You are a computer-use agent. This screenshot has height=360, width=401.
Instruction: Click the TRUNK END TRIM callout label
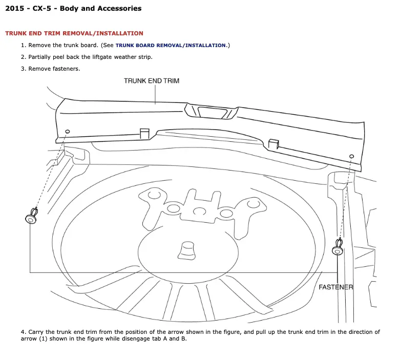point(152,81)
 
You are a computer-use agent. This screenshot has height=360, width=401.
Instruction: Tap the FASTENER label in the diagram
point(336,287)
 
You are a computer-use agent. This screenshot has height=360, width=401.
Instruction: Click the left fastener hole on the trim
point(68,132)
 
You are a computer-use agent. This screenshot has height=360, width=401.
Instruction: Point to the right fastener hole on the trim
point(351,156)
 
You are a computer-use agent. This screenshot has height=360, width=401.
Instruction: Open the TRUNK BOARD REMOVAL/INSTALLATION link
point(171,46)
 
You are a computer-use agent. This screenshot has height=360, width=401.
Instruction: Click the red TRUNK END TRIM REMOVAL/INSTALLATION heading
point(74,33)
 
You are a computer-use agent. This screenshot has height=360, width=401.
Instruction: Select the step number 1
point(23,46)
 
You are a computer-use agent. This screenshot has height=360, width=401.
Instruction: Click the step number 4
point(23,332)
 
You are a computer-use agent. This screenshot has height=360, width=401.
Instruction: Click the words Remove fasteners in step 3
point(54,69)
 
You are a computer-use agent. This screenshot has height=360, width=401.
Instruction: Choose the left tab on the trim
point(144,133)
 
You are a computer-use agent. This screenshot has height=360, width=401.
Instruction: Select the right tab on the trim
point(273,144)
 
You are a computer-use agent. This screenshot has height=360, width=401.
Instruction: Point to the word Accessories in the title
point(119,9)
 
